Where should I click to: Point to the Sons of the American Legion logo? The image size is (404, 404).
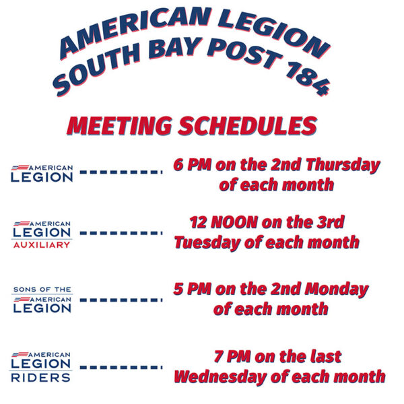point(42,300)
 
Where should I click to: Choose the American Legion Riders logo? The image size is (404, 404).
point(42,367)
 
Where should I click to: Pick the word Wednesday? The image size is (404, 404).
point(222,376)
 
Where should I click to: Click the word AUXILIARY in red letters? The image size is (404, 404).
point(42,245)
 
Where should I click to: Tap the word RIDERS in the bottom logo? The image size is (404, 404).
point(42,378)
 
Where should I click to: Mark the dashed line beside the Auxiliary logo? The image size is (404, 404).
point(121,234)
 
